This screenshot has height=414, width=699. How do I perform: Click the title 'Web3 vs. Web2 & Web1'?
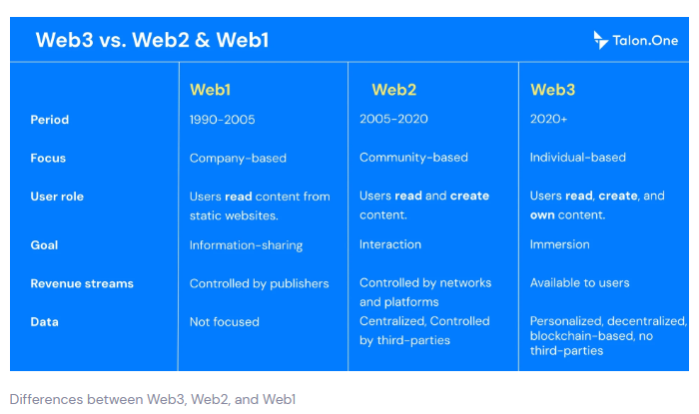(152, 41)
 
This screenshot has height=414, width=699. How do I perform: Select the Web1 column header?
(210, 90)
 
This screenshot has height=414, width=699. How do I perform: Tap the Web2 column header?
(393, 90)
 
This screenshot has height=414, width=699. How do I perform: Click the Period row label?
(50, 120)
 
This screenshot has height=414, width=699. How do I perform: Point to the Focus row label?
(48, 158)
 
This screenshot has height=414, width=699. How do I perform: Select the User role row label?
(57, 197)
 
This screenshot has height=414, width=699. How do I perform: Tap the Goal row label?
(45, 244)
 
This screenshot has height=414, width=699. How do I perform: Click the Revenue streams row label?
(82, 283)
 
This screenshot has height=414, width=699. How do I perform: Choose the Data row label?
(44, 322)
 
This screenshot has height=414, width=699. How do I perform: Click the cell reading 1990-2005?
(222, 120)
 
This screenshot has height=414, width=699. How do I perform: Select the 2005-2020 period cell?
(394, 120)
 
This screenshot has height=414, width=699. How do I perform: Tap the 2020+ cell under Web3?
(547, 120)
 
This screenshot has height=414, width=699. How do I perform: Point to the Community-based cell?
(413, 158)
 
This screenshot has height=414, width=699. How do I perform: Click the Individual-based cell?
(578, 158)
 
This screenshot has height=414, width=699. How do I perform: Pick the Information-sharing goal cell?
(246, 245)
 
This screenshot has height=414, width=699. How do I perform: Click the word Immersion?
(560, 244)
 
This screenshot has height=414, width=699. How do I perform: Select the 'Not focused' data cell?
(224, 322)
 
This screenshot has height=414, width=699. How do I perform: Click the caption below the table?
(153, 399)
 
